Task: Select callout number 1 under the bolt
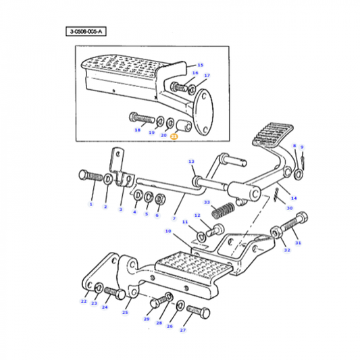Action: point(91,203)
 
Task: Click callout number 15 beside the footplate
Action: point(199,64)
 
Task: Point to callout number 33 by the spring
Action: point(207,203)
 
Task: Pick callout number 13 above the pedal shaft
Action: point(191,161)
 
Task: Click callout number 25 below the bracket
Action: point(125,312)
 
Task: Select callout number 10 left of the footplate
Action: point(168,232)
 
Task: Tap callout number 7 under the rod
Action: point(174,220)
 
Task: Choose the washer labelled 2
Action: point(109,179)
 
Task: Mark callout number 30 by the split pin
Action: point(289,208)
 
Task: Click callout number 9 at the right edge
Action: point(302,147)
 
